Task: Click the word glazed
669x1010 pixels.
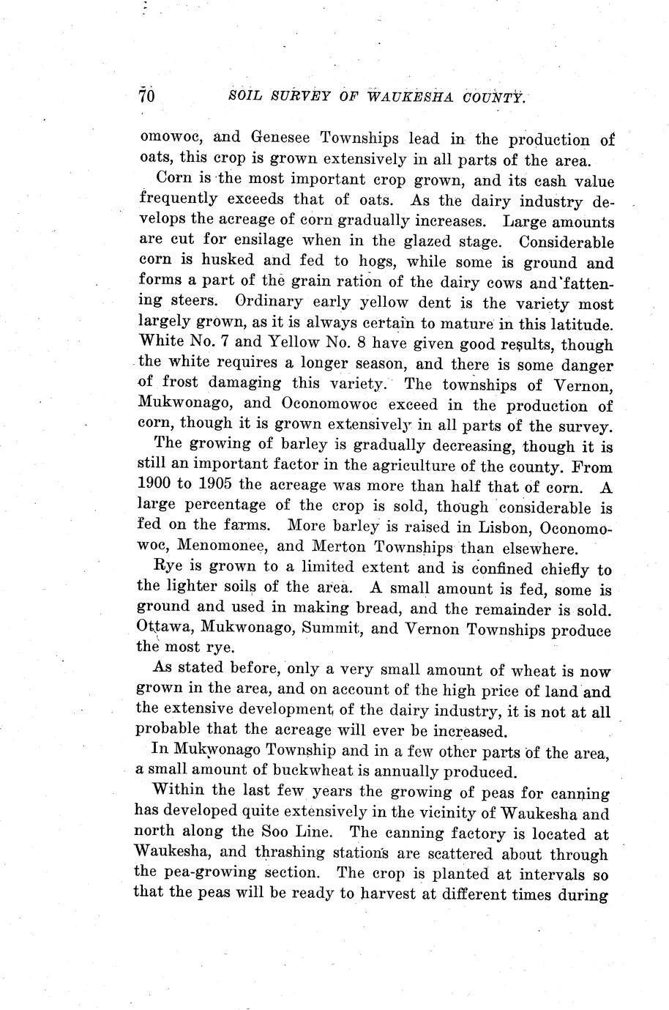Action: (427, 240)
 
